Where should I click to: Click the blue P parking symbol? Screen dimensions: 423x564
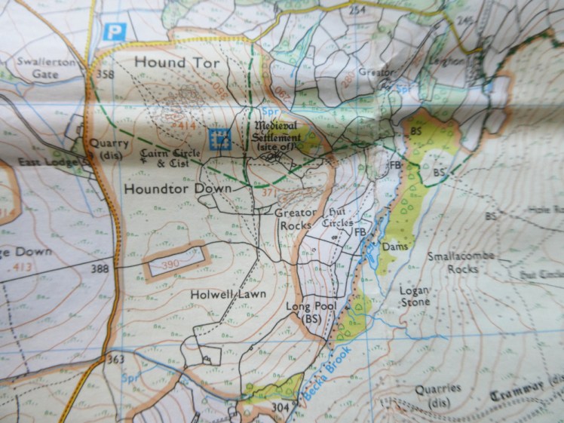114,32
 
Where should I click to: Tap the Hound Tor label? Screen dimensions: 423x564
176,63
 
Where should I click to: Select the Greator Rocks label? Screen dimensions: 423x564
295,219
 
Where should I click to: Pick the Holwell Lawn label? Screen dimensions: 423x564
228,294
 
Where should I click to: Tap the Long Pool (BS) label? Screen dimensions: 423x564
304,313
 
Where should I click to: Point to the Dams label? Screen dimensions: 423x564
394,247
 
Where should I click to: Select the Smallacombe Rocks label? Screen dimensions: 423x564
461,262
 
